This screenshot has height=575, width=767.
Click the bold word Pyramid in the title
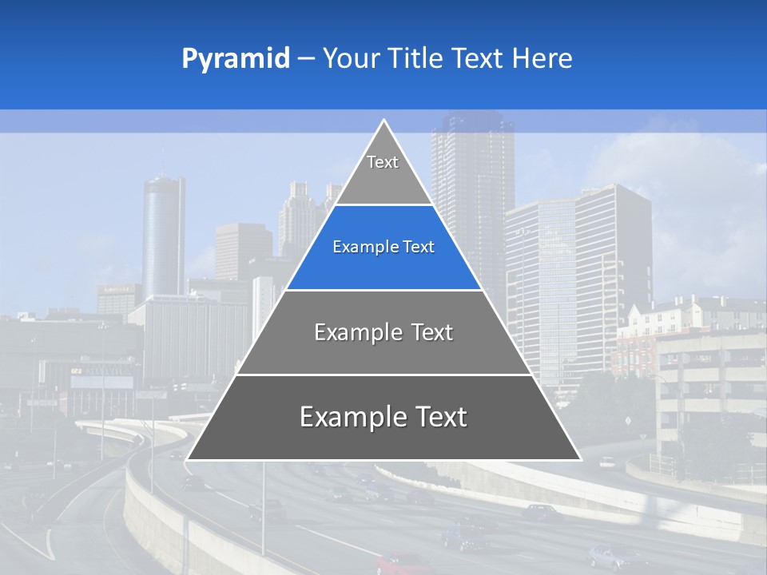tap(236, 59)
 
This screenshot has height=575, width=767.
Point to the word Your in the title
tap(350, 59)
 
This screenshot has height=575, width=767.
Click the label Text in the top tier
tap(383, 162)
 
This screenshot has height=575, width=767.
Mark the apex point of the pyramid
tap(384, 121)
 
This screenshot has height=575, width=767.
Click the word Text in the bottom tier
tap(435, 417)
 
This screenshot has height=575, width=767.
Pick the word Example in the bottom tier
tap(348, 417)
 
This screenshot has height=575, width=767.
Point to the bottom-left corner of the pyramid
tap(187, 460)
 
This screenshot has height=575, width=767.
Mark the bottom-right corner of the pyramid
tap(581, 460)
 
